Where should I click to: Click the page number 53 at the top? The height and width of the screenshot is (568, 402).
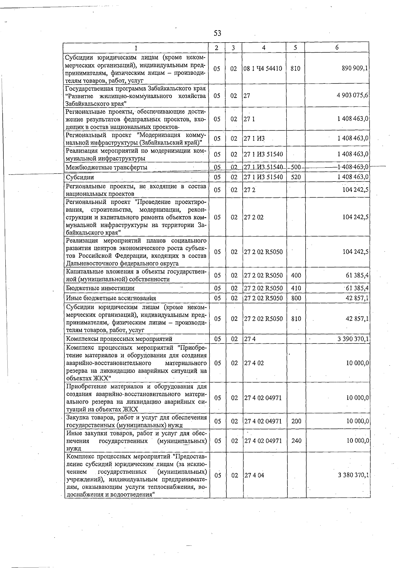click(x=217, y=33)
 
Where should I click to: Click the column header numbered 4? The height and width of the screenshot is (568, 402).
click(x=264, y=48)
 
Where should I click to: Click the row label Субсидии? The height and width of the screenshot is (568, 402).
click(x=80, y=177)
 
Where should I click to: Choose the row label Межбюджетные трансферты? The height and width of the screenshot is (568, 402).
click(x=107, y=167)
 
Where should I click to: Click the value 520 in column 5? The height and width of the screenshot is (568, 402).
click(x=296, y=177)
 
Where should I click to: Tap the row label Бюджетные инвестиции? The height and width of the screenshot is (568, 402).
click(x=100, y=288)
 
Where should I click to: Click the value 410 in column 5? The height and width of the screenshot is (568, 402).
click(x=296, y=288)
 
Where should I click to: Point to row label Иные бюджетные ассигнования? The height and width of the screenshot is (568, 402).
click(x=111, y=298)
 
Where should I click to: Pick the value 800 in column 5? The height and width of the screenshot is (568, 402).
click(x=296, y=298)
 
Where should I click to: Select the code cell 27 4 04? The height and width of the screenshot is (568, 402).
click(x=254, y=475)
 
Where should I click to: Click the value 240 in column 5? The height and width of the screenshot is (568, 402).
click(x=296, y=441)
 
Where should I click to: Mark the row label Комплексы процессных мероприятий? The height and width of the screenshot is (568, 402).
click(x=119, y=339)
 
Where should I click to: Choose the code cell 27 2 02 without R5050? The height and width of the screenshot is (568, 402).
click(x=254, y=217)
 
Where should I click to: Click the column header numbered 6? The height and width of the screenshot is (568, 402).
click(x=337, y=48)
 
